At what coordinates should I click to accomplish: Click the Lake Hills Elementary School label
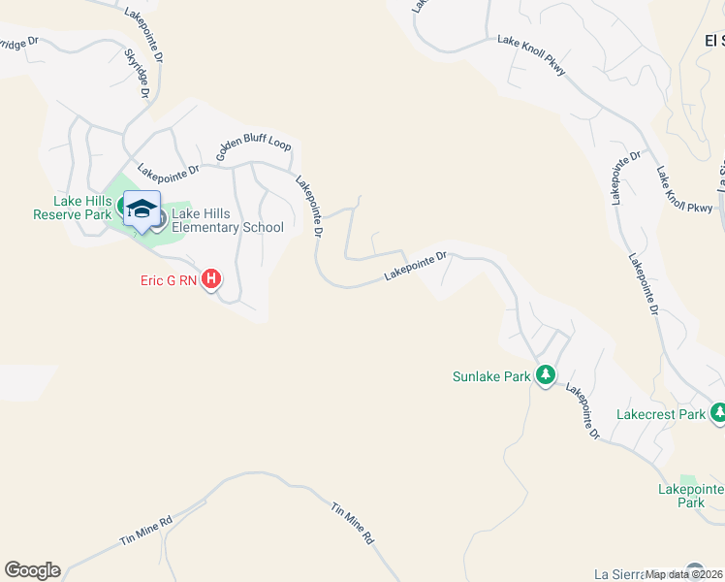pyautogui.click(x=227, y=220)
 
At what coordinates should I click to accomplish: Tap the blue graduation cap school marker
pyautogui.click(x=142, y=210)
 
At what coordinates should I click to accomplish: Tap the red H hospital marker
pyautogui.click(x=211, y=280)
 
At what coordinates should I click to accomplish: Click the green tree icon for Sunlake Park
pyautogui.click(x=546, y=375)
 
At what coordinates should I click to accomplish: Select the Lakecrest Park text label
pyautogui.click(x=661, y=414)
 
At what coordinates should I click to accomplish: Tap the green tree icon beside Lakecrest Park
pyautogui.click(x=717, y=414)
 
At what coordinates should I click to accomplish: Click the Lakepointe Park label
pyautogui.click(x=689, y=496)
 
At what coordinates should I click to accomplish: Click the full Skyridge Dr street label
pyautogui.click(x=140, y=74)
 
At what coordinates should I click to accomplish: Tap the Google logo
pyautogui.click(x=32, y=570)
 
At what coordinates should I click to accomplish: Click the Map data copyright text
pyautogui.click(x=684, y=574)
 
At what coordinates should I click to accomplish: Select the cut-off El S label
pyautogui.click(x=714, y=40)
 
